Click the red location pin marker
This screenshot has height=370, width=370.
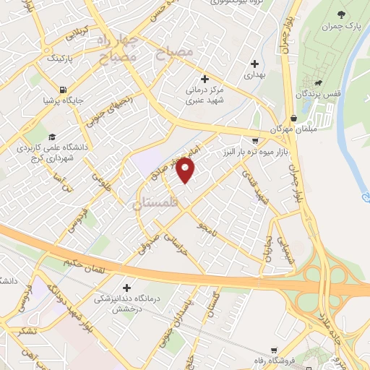[x=186, y=171]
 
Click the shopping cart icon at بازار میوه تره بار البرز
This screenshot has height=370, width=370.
[x=254, y=142]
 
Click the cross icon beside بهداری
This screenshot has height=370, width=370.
[x=254, y=63]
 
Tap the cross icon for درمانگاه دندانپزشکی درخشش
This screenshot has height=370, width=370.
[x=128, y=288]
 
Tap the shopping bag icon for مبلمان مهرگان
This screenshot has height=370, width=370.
[x=293, y=118]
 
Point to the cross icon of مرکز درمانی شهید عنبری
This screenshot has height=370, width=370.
[x=205, y=78]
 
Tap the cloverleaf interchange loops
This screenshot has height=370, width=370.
[x=329, y=278]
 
